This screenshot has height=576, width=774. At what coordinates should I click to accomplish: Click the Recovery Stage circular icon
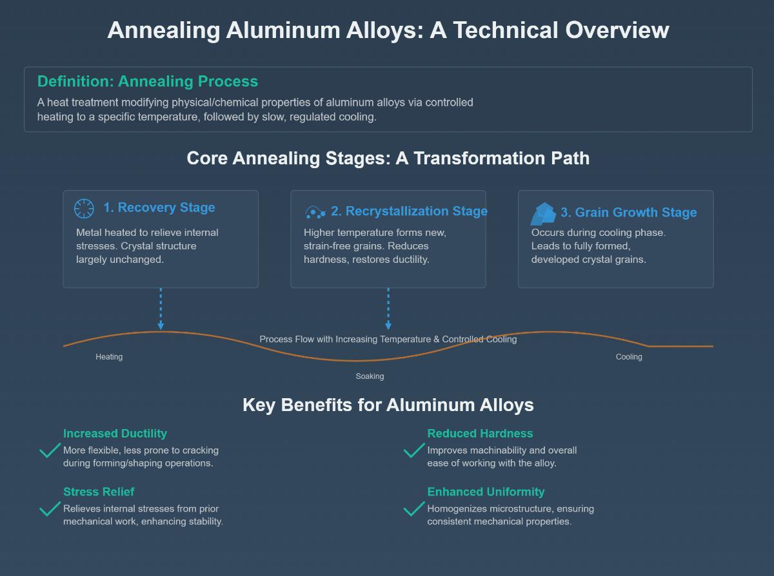tap(84, 209)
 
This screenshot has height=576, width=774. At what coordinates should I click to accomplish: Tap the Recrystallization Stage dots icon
tap(315, 212)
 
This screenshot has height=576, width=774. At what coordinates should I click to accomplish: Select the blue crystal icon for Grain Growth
tap(543, 214)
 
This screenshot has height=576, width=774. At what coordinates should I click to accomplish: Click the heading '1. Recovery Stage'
tap(159, 207)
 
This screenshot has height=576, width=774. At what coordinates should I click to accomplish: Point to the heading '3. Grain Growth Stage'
tap(628, 213)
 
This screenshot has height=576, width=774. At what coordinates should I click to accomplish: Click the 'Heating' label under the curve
tap(109, 357)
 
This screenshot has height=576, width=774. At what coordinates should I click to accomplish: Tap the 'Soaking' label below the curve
tap(370, 376)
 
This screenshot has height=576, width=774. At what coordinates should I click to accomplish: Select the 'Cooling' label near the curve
tap(629, 357)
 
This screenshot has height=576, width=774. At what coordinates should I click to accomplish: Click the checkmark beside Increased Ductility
tap(50, 450)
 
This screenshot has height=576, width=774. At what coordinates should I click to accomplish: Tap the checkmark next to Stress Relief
tap(50, 509)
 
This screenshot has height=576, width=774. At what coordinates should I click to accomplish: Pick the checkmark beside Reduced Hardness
tap(413, 450)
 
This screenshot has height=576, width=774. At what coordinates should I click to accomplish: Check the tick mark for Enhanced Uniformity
tap(413, 509)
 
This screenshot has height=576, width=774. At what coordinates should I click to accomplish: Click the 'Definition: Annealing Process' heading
tap(148, 82)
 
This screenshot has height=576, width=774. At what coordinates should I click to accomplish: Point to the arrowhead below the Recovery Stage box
tap(161, 326)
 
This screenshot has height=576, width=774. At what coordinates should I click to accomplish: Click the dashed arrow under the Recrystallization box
tap(388, 309)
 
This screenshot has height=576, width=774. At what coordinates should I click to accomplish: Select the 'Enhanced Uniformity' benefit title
tap(486, 492)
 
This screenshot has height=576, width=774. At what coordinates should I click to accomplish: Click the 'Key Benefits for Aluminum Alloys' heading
tap(388, 405)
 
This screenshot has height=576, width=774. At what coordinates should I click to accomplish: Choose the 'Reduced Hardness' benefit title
tap(480, 434)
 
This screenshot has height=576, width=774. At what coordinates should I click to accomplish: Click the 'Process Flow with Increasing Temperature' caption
tap(388, 339)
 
